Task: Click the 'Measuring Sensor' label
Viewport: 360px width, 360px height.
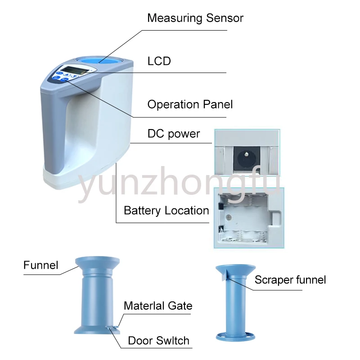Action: click(x=195, y=18)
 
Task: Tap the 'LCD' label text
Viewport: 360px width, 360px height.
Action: click(x=159, y=61)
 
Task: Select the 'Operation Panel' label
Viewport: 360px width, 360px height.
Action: click(x=190, y=104)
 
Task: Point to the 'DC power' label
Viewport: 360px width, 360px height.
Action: click(x=174, y=134)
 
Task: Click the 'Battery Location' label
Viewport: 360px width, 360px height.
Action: click(x=166, y=210)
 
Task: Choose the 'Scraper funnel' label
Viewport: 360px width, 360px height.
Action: click(x=290, y=279)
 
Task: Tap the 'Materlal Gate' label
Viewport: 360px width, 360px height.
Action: click(x=158, y=306)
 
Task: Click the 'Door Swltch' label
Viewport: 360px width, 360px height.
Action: click(x=158, y=340)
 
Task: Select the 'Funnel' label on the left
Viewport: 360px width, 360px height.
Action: click(x=41, y=265)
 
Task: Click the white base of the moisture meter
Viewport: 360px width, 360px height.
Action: click(x=76, y=178)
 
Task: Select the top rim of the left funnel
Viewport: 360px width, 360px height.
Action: click(x=97, y=260)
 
